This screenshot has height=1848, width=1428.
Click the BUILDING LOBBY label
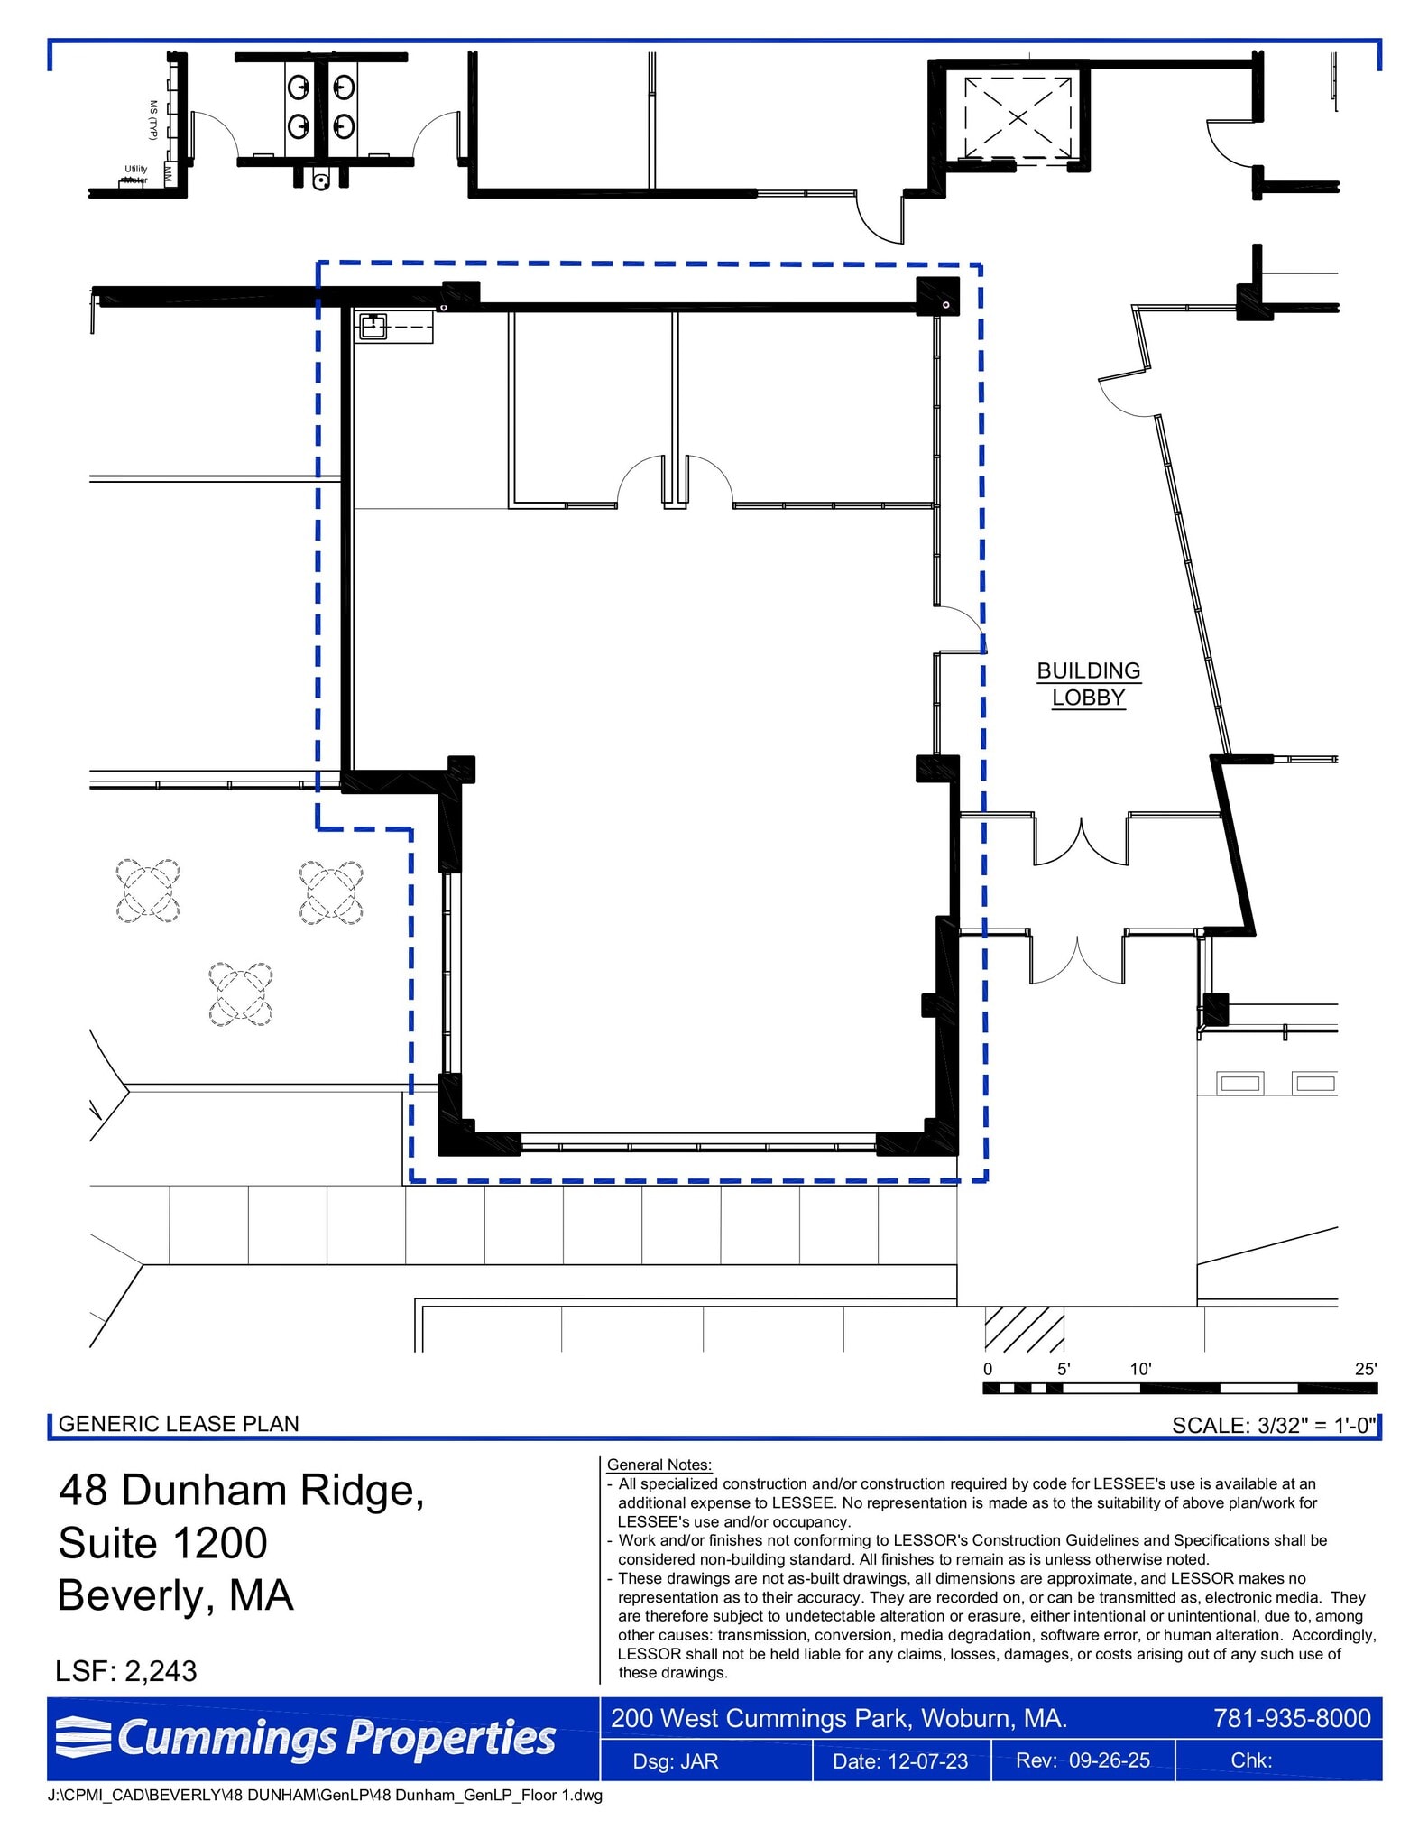coord(1088,684)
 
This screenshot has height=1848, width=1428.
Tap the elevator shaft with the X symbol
coord(1018,117)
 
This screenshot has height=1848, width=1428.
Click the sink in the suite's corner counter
coord(373,326)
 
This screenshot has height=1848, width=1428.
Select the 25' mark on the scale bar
coord(1365,1369)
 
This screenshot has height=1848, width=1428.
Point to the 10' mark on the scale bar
coord(1140,1369)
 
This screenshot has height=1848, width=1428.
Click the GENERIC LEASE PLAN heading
coord(179,1424)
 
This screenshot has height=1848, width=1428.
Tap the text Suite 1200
coord(163,1543)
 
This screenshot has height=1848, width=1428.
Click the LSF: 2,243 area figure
coord(126,1671)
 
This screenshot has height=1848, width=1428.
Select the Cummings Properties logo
coord(307,1738)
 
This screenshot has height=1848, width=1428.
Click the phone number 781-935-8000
coord(1292,1718)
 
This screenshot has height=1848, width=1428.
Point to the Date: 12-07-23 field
coord(899,1761)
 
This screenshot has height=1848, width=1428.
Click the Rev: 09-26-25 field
coord(1083,1760)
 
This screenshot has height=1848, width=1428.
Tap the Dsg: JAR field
coord(676,1761)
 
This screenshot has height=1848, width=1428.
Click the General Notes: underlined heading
coord(659,1465)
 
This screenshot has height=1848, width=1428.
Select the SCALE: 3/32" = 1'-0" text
coord(1273,1426)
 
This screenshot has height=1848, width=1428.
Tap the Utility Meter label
coord(135,174)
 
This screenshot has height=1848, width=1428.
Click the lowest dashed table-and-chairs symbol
coord(241,994)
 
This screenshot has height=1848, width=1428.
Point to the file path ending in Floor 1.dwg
coord(325,1795)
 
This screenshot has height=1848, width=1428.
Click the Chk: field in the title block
coord(1251,1760)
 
